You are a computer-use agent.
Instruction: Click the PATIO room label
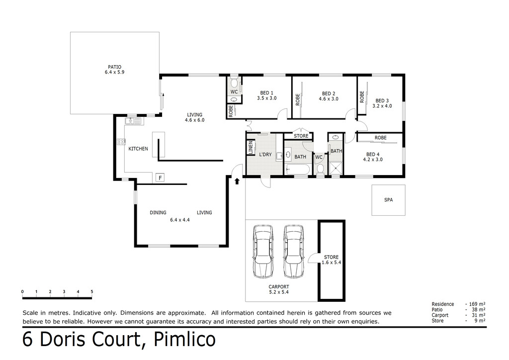click(115, 67)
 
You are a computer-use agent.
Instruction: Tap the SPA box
click(388, 200)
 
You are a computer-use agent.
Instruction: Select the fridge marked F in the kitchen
click(160, 178)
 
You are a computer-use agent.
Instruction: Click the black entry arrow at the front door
click(237, 181)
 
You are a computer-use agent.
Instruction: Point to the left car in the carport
click(262, 252)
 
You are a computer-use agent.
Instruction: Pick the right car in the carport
click(294, 252)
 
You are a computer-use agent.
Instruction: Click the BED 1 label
click(266, 93)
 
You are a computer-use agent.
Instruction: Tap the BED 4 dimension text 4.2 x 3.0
click(373, 160)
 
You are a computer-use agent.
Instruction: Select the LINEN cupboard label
click(251, 147)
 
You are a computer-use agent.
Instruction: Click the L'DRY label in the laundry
click(265, 155)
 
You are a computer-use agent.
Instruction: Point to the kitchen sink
click(133, 121)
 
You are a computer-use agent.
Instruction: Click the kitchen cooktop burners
click(121, 142)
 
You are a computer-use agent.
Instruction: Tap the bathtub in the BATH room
click(299, 169)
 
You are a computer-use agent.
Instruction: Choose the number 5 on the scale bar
click(92, 291)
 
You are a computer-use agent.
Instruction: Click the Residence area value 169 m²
click(477, 304)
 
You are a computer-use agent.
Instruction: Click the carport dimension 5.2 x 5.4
click(279, 292)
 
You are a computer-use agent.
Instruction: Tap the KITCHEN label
click(138, 149)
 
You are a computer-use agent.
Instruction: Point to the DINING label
click(158, 213)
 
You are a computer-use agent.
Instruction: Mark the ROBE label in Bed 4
click(380, 138)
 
